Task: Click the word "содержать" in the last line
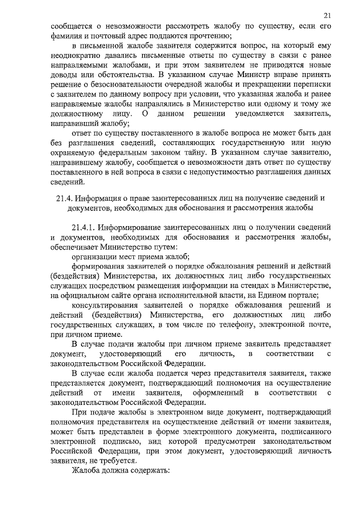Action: click(x=151, y=470)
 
